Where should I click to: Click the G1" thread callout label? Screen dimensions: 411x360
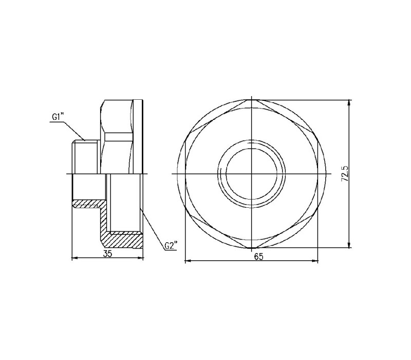click(x=58, y=117)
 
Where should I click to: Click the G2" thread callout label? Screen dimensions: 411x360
click(x=171, y=246)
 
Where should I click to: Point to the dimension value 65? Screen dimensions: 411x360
click(x=258, y=256)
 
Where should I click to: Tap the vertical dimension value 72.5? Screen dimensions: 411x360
click(x=344, y=173)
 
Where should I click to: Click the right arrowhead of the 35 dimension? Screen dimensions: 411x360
click(x=140, y=259)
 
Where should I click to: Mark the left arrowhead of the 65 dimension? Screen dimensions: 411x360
click(x=189, y=261)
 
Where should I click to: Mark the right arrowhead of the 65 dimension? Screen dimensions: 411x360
click(x=315, y=261)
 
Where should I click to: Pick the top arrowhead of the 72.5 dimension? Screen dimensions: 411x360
click(x=349, y=103)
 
